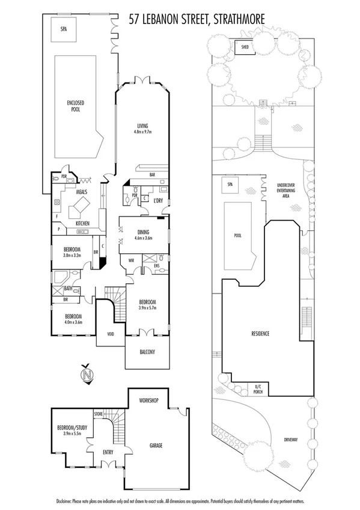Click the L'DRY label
click(x=159, y=200)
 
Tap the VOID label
click(x=111, y=334)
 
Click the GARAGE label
click(x=156, y=446)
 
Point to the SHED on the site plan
click(x=245, y=46)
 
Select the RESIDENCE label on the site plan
click(x=260, y=333)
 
